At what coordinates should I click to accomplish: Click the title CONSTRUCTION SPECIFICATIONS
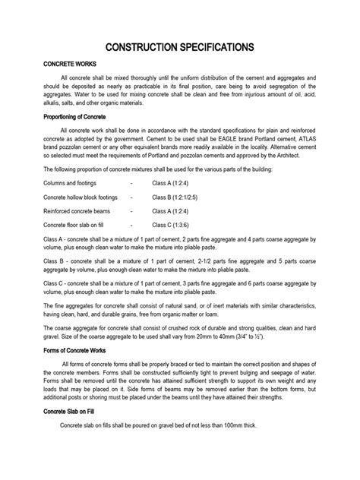pyautogui.click(x=179, y=47)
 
